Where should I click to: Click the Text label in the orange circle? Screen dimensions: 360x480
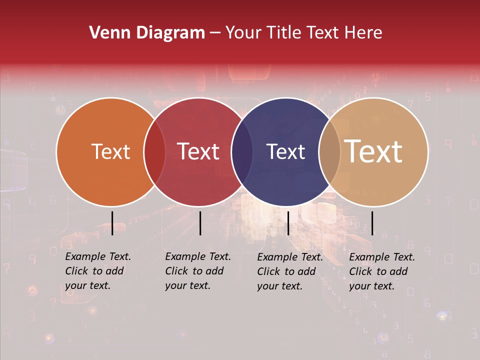110,151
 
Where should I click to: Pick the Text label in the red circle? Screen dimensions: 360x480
198,151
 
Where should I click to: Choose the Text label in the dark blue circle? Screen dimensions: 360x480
285,151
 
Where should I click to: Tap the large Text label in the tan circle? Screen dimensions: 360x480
373,151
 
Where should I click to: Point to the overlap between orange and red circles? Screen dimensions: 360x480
154,152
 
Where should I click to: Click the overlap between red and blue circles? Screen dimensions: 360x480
242,152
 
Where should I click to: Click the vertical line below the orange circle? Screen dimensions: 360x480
112,223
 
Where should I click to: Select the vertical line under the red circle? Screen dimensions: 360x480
200,223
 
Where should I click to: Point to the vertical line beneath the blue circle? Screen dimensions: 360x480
288,223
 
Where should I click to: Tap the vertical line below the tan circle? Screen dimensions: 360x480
372,223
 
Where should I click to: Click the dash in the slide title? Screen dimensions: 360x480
215,33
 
